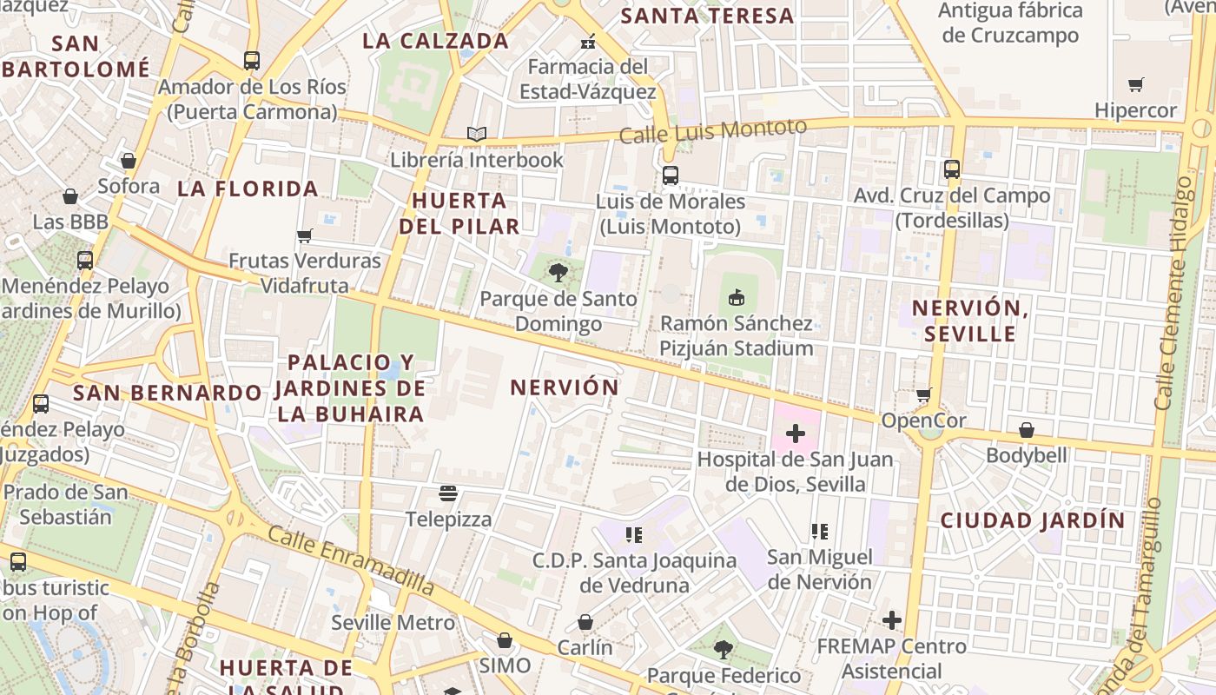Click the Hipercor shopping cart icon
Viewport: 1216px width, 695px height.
click(x=1135, y=84)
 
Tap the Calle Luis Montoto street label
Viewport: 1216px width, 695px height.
click(x=712, y=131)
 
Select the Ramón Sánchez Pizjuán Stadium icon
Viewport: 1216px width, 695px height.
click(x=737, y=298)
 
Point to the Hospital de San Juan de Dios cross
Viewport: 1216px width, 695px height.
click(x=795, y=433)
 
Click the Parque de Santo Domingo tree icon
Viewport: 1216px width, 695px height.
click(x=558, y=274)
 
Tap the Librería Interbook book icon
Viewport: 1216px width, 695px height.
click(x=476, y=134)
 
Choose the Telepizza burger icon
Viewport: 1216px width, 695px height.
click(x=448, y=494)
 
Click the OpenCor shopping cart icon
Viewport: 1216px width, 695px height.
click(x=924, y=394)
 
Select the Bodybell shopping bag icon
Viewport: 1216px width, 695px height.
click(x=1026, y=430)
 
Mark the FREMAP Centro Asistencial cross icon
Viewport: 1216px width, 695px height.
click(x=891, y=620)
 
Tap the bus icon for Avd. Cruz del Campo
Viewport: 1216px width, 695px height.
click(x=952, y=169)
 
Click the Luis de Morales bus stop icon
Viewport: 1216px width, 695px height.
click(x=670, y=175)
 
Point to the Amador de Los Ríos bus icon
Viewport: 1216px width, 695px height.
click(x=251, y=61)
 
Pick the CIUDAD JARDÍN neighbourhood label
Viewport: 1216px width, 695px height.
click(x=1033, y=520)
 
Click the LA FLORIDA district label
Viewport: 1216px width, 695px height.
click(x=248, y=189)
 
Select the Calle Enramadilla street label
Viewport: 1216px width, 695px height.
click(x=351, y=560)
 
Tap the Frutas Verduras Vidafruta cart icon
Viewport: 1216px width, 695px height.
click(x=304, y=235)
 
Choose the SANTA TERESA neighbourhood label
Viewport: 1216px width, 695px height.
click(x=708, y=16)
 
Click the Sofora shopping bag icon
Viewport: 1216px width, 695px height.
click(x=129, y=161)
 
